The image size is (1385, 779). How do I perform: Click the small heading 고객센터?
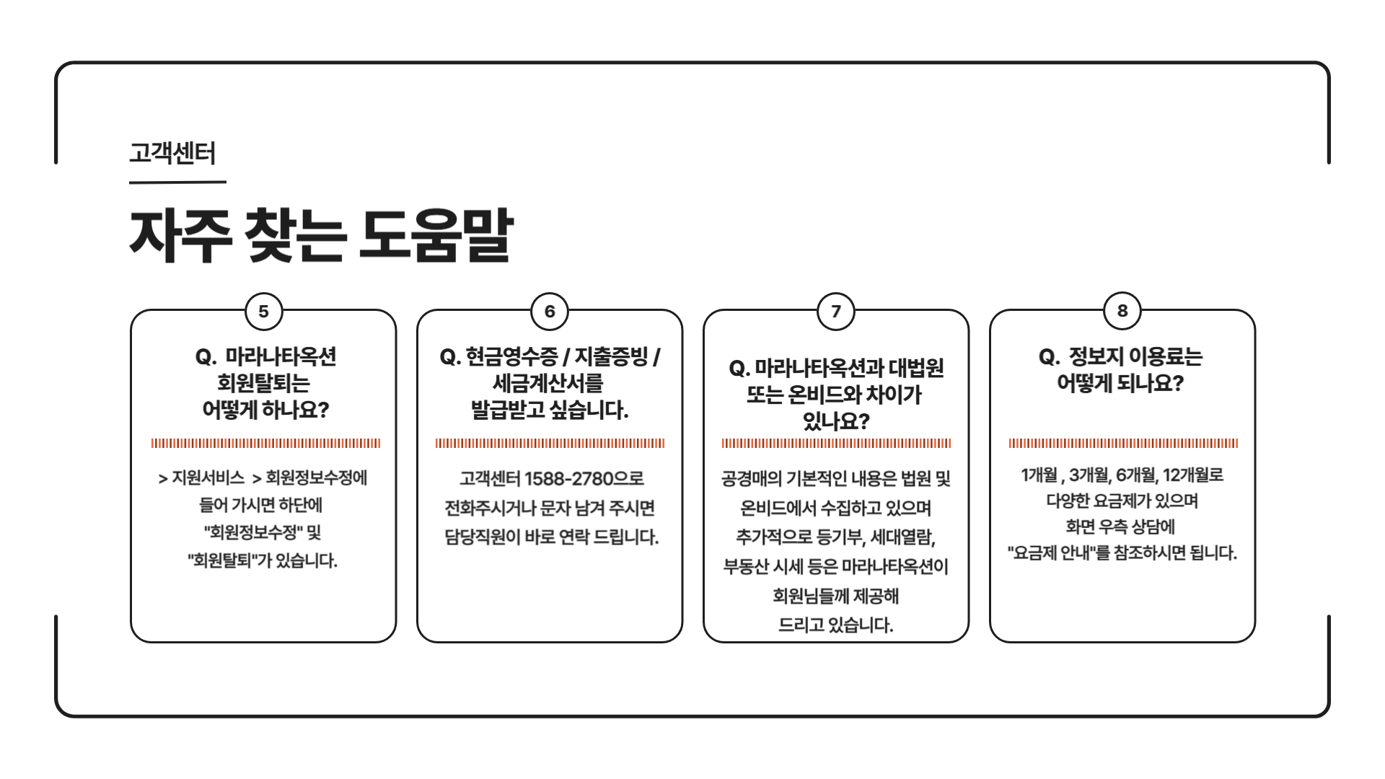point(172,153)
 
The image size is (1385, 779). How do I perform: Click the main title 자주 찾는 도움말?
point(321,235)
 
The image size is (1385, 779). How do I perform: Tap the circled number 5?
point(263,312)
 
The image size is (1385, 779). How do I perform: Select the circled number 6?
point(550,312)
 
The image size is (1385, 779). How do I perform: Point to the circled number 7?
point(836,312)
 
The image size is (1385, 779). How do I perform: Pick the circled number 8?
point(1122,311)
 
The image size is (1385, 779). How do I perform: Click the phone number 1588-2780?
point(569,479)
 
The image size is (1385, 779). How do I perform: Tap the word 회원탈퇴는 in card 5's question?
point(263,383)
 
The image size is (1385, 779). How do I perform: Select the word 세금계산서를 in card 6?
point(548,383)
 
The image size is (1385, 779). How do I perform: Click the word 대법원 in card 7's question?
point(916,369)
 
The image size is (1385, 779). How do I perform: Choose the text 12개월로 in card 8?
point(1193,475)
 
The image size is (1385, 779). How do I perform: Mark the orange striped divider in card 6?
point(550,444)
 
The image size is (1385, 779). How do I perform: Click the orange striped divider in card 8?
point(1123,444)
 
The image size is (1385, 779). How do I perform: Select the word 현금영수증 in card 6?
point(512,356)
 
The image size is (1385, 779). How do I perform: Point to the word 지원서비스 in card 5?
point(208,477)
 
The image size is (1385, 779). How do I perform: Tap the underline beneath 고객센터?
point(177,182)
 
